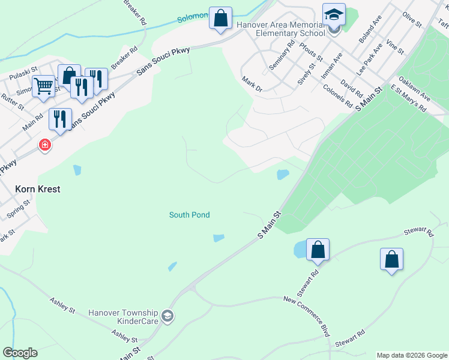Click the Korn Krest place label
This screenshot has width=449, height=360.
pos(38,188)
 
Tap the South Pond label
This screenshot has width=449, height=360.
pos(189,215)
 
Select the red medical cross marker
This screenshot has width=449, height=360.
pos(44,145)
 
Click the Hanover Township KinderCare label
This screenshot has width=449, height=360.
pos(123,317)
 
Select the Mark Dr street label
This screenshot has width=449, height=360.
pos(252,83)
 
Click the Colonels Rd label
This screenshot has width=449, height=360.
pos(338,95)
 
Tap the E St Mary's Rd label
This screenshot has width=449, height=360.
pos(408,98)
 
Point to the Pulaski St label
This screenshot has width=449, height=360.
pos(22,76)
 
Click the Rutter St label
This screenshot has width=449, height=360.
pos(12,102)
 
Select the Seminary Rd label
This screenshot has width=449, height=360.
pos(282,55)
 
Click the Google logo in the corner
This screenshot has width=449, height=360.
pos(20,353)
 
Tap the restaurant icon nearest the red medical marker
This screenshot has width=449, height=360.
pos(60,119)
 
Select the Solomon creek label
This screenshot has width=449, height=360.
pos(192,18)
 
